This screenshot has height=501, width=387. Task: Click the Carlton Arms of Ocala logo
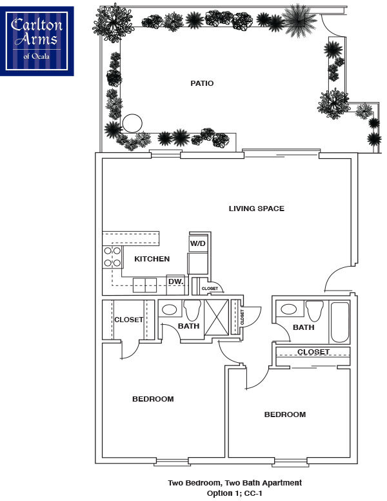[x=37, y=41]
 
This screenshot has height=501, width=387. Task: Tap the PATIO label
[x=202, y=83]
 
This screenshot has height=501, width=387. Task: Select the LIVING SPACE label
[x=257, y=209]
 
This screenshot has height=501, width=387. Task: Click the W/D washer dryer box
[x=198, y=244]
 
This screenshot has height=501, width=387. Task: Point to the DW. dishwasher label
[x=176, y=281]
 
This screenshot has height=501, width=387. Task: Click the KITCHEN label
[x=152, y=259]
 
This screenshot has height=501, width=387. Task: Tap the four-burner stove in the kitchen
[x=112, y=257]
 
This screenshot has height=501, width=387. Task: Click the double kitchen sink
[x=145, y=285]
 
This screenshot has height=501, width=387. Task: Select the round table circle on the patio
[x=132, y=123]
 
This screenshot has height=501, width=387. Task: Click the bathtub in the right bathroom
[x=340, y=322]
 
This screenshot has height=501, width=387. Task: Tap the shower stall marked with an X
[x=217, y=317]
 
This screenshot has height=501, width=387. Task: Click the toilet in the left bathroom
[x=192, y=311]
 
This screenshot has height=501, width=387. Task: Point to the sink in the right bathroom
[x=289, y=309]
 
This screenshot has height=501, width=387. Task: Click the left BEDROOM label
[x=153, y=399]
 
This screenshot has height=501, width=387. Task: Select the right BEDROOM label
[x=285, y=414]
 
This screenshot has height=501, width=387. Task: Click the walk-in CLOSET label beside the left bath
[x=129, y=320]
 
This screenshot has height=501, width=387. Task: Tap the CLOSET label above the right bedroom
[x=313, y=352]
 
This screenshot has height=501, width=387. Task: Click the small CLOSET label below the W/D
[x=210, y=289]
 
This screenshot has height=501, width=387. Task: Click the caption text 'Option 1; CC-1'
[x=235, y=493]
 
